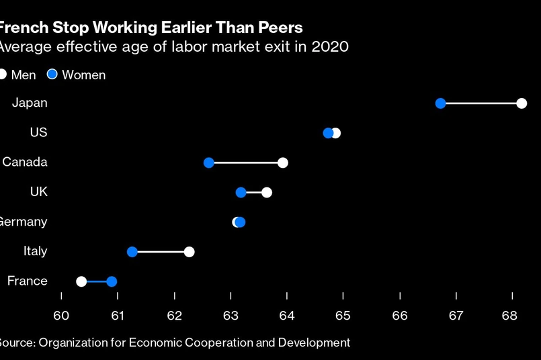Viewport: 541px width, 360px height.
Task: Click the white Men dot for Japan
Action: coord(522,103)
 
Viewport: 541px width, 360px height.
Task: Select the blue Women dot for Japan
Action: coord(441,103)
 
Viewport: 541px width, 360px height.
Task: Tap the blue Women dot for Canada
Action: coord(209,163)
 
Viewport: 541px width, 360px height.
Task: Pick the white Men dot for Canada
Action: coord(283,163)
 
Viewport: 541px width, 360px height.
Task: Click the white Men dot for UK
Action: coord(267,193)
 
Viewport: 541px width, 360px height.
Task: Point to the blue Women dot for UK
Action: coord(241,193)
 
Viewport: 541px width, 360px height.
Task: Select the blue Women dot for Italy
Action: coord(132,252)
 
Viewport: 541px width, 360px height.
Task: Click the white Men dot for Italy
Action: coord(190,252)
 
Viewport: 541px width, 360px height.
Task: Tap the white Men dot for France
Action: coord(81,281)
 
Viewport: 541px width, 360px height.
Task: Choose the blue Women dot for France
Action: coord(112,281)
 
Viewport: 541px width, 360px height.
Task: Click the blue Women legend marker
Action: coord(52,75)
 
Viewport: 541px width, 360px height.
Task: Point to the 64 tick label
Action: coord(287,315)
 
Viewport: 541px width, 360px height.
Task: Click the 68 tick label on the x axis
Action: coord(512,315)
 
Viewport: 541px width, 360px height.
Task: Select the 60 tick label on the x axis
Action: coord(61,315)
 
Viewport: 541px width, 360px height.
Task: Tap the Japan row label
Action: coord(30,103)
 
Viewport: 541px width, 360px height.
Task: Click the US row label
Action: coord(38,133)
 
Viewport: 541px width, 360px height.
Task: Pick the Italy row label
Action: coord(35,251)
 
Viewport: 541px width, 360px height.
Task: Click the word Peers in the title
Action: coord(276,28)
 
